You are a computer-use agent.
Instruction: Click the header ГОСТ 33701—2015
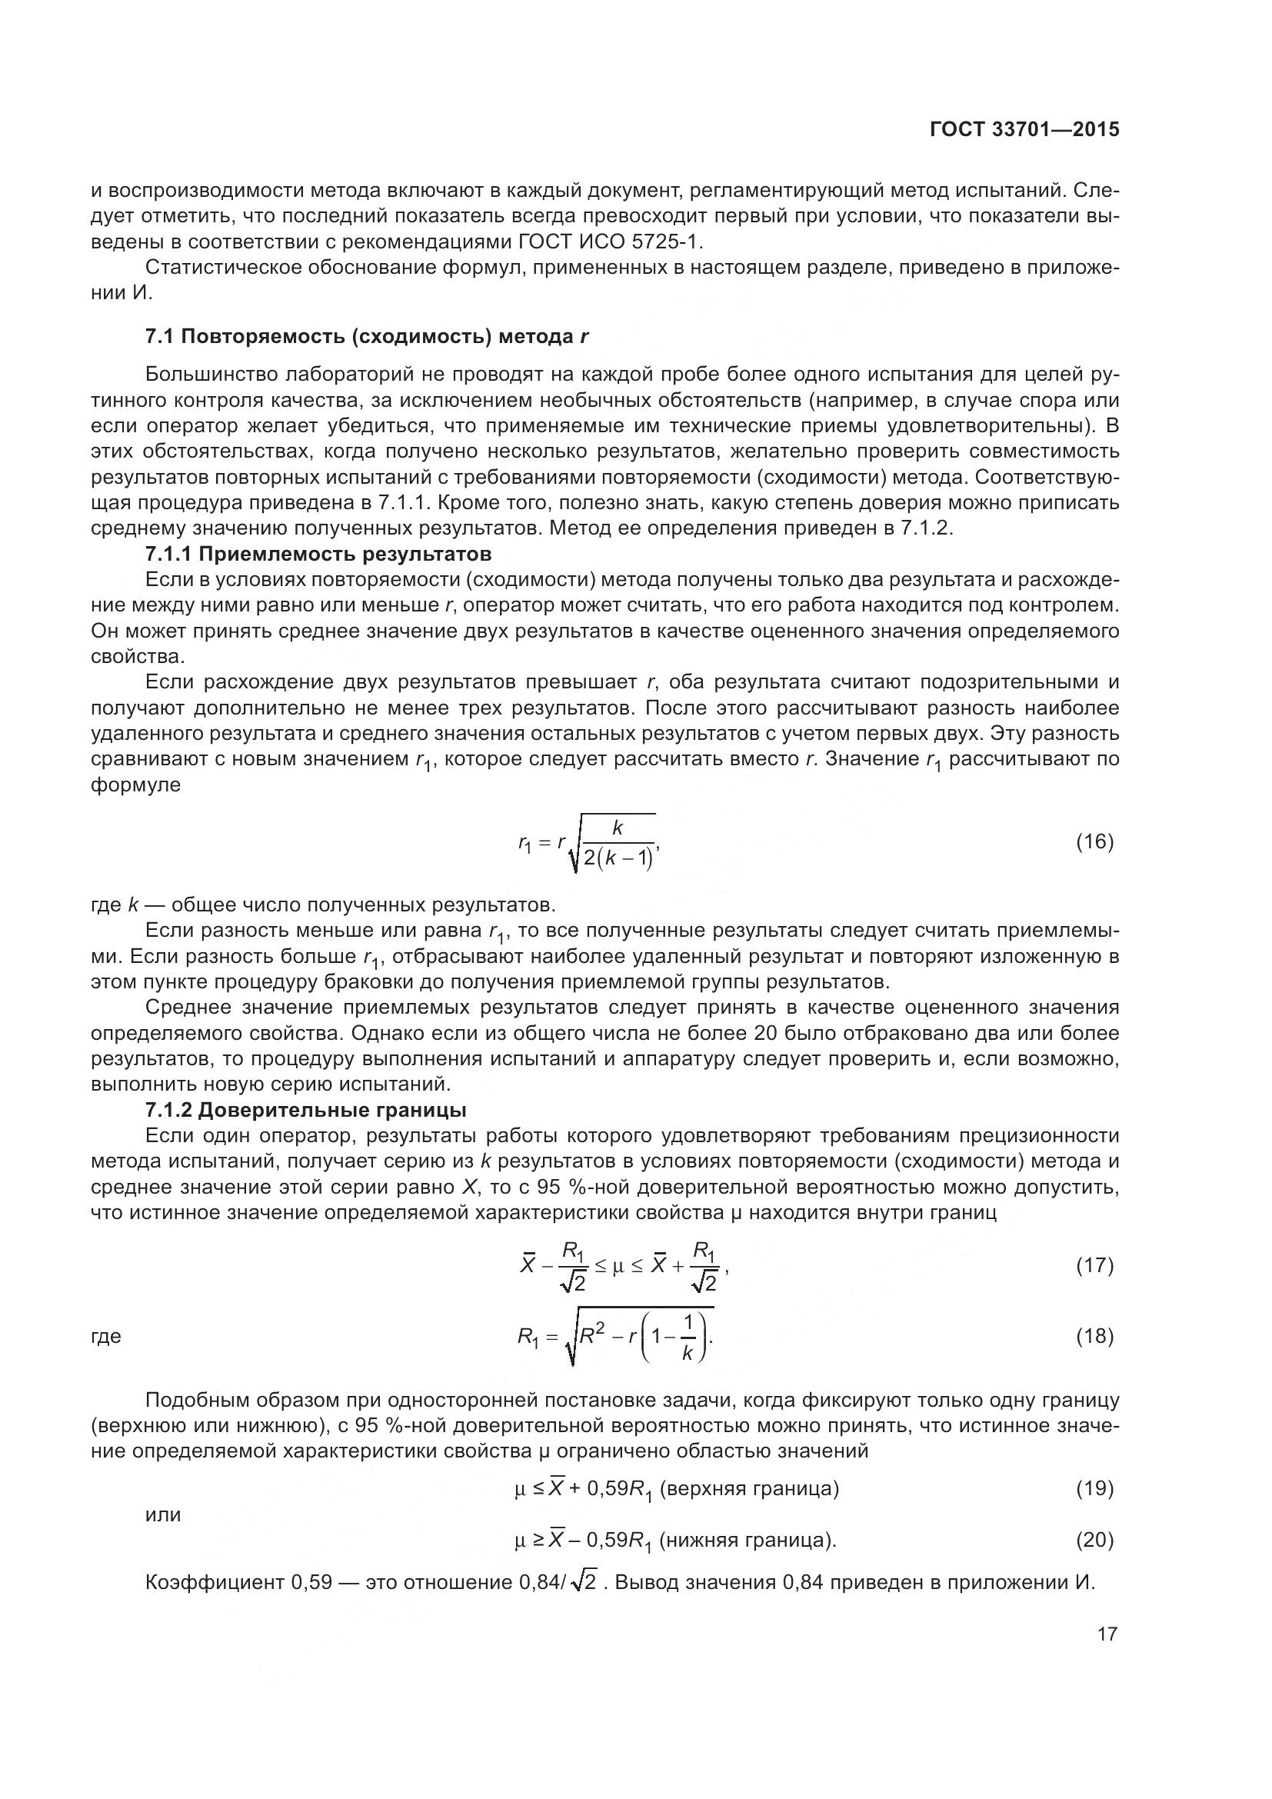[x=1024, y=130]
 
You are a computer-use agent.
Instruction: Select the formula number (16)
[x=1094, y=841]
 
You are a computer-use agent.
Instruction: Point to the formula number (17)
[x=1094, y=1264]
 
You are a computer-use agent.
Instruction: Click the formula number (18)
[x=1094, y=1335]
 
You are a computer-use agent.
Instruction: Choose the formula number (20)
[x=1094, y=1540]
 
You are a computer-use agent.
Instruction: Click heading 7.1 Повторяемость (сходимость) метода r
[x=367, y=337]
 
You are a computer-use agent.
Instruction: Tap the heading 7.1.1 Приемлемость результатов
[x=318, y=554]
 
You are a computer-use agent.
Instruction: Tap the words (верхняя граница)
[x=750, y=1488]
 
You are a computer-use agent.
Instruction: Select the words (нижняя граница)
[x=748, y=1541]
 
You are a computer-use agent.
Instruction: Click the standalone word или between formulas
[x=163, y=1514]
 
